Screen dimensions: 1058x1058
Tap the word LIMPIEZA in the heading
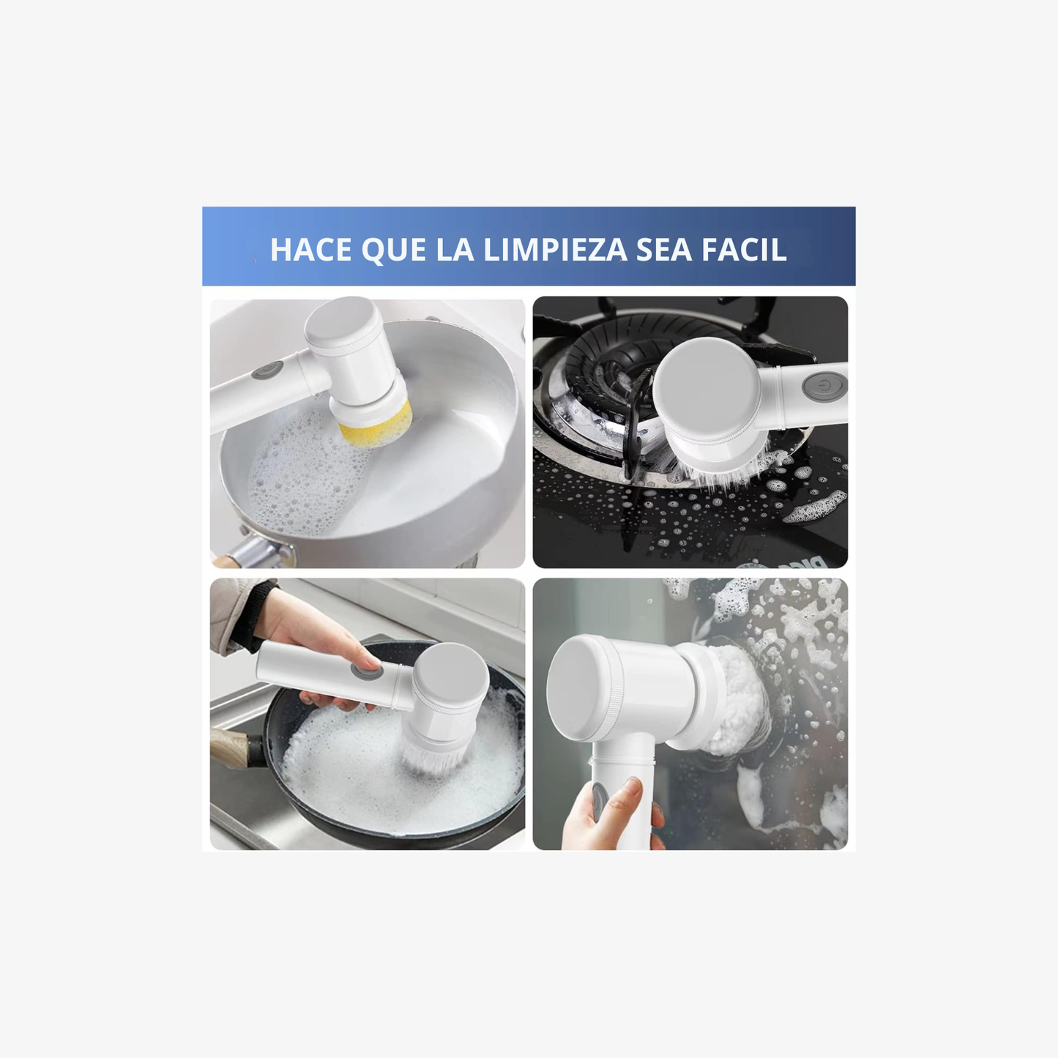[x=555, y=250]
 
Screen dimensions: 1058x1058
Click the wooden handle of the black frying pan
[x=231, y=748]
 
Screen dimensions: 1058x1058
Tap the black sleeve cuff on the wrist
[x=254, y=616]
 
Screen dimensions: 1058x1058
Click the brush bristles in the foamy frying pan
[x=436, y=759]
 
